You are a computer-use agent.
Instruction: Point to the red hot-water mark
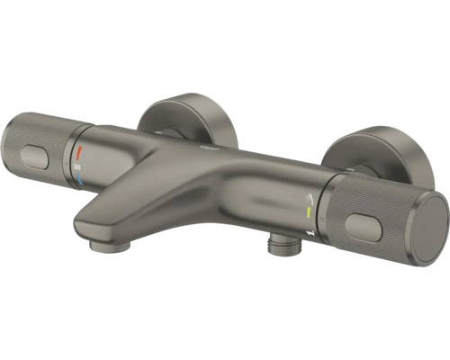[79, 150]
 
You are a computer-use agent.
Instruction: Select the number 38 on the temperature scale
[80, 166]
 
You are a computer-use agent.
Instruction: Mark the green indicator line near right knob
[307, 212]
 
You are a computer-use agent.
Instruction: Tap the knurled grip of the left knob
[49, 153]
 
